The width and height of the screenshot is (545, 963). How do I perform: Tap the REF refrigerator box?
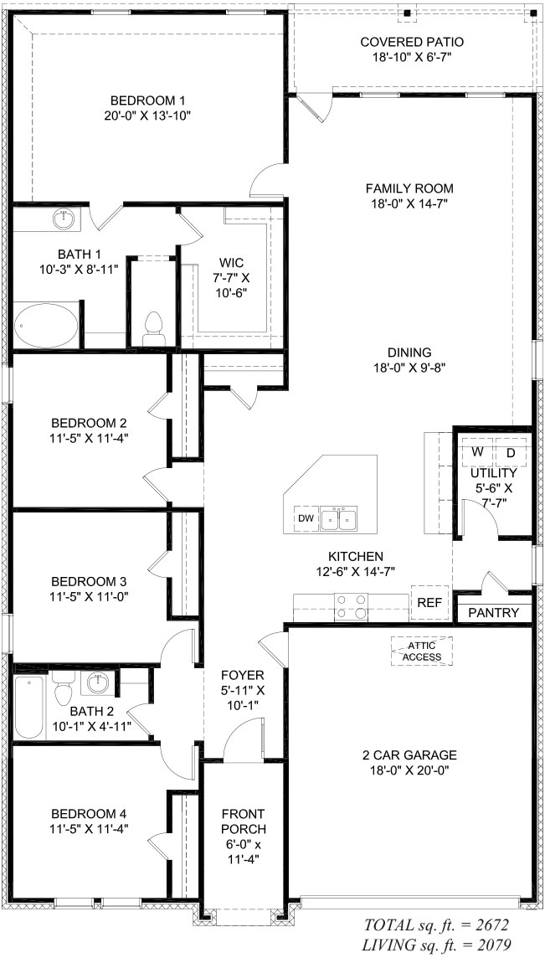pyautogui.click(x=429, y=602)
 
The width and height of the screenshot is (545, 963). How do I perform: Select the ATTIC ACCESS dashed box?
pyautogui.click(x=422, y=651)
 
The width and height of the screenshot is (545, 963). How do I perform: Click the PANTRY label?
pyautogui.click(x=493, y=613)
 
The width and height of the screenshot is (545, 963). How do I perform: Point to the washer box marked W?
pyautogui.click(x=477, y=452)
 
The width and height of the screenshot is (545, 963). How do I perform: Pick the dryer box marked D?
pyautogui.click(x=511, y=452)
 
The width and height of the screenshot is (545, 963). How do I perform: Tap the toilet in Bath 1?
pyautogui.click(x=153, y=327)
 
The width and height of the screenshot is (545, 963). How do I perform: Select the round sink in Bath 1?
pyautogui.click(x=64, y=220)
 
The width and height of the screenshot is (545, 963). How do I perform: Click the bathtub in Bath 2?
pyautogui.click(x=29, y=708)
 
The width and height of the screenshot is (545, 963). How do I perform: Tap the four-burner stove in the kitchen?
pyautogui.click(x=351, y=606)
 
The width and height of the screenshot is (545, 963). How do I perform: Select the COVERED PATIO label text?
pyautogui.click(x=411, y=42)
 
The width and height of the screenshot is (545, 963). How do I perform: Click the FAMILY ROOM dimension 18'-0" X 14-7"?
pyautogui.click(x=409, y=203)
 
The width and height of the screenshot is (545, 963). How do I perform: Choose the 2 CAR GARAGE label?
pyautogui.click(x=409, y=754)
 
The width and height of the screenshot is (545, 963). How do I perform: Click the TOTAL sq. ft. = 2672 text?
pyautogui.click(x=436, y=925)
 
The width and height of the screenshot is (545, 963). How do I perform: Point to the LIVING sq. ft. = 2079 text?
pyautogui.click(x=434, y=945)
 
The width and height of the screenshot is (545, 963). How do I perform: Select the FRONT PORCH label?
pyautogui.click(x=243, y=813)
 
